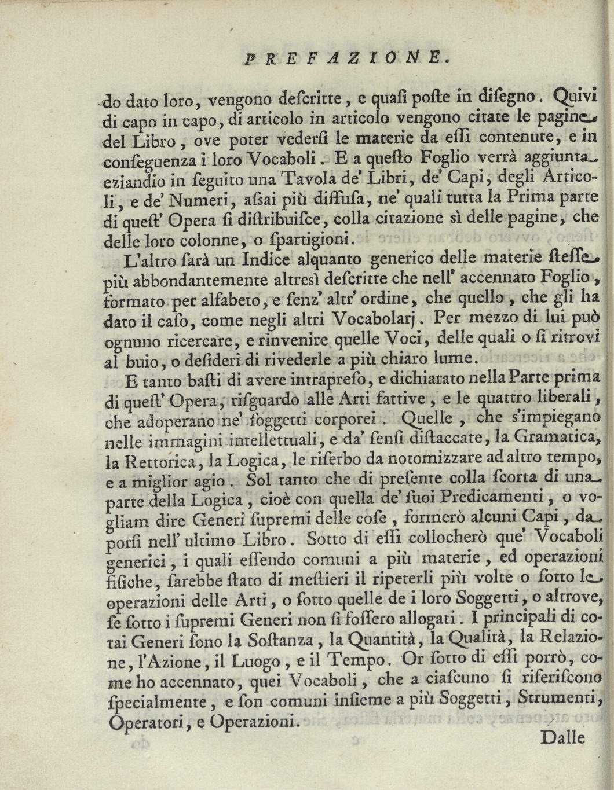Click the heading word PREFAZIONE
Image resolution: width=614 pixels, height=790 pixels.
point(345,57)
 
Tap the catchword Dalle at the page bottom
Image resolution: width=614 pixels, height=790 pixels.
point(564,737)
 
